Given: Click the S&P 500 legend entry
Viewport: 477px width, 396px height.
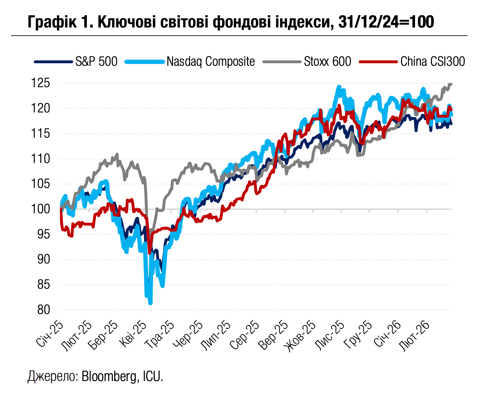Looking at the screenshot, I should tap(96, 61).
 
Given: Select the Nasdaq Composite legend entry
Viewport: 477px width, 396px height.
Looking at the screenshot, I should tap(210, 61).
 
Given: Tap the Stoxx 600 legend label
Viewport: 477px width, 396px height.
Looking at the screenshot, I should tap(327, 61).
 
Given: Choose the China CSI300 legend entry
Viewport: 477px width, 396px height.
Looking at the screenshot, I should tap(432, 61).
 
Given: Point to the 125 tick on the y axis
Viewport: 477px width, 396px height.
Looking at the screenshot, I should tap(41, 83).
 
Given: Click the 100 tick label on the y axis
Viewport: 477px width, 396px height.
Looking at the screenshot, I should tap(41, 209).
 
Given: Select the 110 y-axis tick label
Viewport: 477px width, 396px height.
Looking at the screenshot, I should tap(41, 159).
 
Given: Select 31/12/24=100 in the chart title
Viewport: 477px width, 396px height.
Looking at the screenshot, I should tap(386, 22).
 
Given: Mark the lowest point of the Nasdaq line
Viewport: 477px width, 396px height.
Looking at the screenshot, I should tap(150, 303).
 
